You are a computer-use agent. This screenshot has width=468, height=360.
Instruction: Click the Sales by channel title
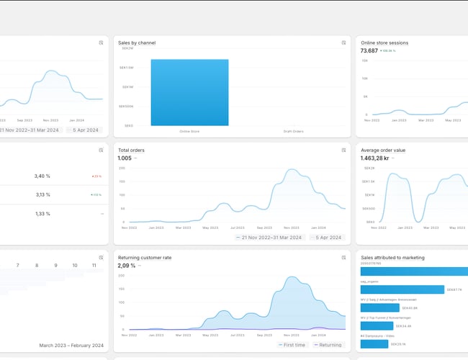click(x=137, y=42)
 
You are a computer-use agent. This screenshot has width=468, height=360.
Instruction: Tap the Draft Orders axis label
click(x=293, y=131)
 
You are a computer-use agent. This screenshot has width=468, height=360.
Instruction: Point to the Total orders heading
click(x=131, y=150)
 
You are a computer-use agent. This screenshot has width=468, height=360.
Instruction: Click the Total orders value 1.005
click(x=125, y=158)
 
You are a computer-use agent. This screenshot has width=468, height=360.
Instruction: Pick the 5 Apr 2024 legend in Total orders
click(x=328, y=237)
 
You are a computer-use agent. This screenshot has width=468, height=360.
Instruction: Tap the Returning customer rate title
click(x=145, y=257)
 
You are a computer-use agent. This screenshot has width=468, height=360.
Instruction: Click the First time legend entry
click(x=293, y=345)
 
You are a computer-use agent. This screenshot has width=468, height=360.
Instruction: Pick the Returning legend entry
click(x=328, y=345)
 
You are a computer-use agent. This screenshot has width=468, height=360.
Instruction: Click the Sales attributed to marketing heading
click(x=392, y=257)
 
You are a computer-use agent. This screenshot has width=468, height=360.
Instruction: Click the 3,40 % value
click(x=42, y=176)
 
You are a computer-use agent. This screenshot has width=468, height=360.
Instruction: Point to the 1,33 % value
click(x=42, y=213)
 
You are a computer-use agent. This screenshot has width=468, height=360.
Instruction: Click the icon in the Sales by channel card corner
click(x=343, y=42)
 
